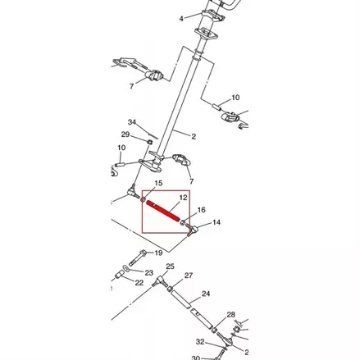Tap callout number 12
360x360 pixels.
click(184, 198)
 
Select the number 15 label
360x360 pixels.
click(158, 183)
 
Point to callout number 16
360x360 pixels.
click(201, 211)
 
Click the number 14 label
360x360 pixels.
click(216, 222)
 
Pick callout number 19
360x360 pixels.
click(158, 253)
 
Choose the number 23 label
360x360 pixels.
click(148, 272)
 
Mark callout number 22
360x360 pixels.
click(139, 283)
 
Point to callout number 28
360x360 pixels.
click(231, 315)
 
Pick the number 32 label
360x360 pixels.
click(200, 341)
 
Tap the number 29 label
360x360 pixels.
click(125, 135)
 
